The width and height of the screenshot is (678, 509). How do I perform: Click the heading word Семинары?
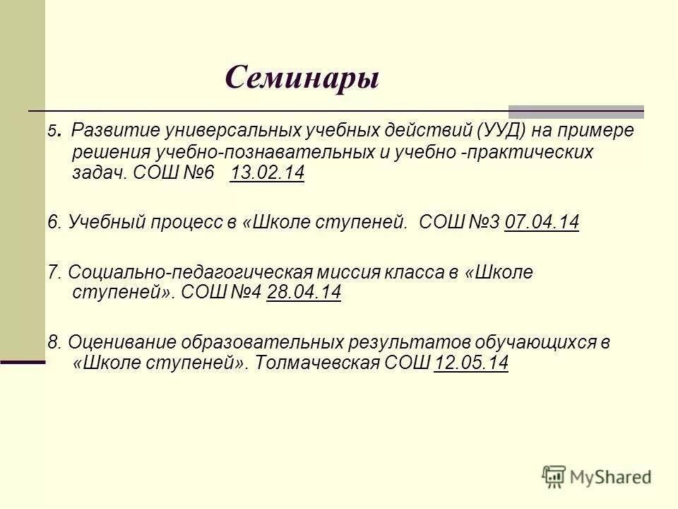click(302, 77)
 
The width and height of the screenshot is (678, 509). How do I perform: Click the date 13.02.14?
click(267, 174)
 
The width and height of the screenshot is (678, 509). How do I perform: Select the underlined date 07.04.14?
click(542, 223)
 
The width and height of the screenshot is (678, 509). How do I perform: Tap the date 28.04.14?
click(304, 292)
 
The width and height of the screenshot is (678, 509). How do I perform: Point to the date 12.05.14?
click(471, 363)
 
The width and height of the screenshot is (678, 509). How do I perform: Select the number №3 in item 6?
click(483, 223)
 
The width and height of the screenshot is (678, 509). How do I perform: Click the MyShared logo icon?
click(555, 476)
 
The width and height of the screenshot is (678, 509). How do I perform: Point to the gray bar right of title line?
click(576, 111)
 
